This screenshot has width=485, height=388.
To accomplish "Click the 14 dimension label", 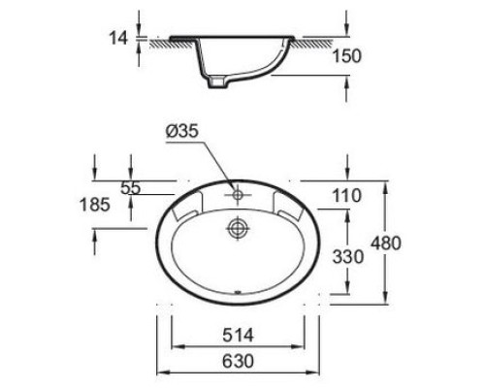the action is (x=118, y=38).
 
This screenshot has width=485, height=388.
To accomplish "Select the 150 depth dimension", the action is (x=346, y=56).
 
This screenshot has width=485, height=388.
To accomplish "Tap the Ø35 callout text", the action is (x=181, y=131).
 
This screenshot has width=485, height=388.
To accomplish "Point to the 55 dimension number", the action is (x=131, y=187).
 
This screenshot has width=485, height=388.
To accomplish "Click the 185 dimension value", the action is (x=95, y=205).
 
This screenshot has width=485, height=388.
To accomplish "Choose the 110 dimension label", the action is (x=346, y=196).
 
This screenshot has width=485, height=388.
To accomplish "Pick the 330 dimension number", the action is (x=348, y=257).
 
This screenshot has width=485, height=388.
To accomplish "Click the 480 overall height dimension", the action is (x=386, y=243).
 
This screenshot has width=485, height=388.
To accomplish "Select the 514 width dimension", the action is (x=238, y=335).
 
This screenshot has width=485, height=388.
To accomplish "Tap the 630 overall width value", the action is (x=238, y=361).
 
